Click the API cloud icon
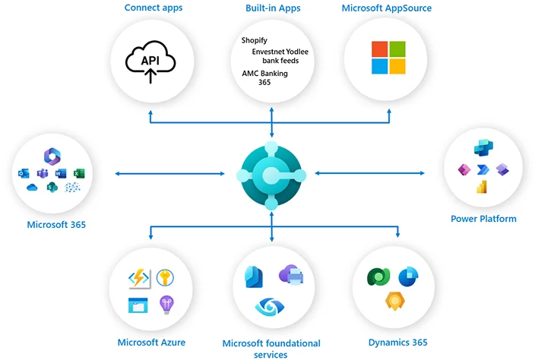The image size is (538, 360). pyautogui.click(x=151, y=61)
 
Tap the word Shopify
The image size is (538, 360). pyautogui.click(x=254, y=40)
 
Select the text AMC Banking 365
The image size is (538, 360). pyautogui.click(x=258, y=77)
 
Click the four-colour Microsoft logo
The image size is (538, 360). pyautogui.click(x=389, y=58)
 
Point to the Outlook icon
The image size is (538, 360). pyautogui.click(x=24, y=174)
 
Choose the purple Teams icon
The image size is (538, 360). pyautogui.click(x=43, y=174)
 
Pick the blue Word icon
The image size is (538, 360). pyautogui.click(x=61, y=174)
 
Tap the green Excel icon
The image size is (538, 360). pyautogui.click(x=79, y=174)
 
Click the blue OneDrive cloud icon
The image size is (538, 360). pyautogui.click(x=32, y=188)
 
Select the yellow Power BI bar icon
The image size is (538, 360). pyautogui.click(x=482, y=188)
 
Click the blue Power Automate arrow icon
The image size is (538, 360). pyautogui.click(x=482, y=169)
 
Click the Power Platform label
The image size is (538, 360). pyautogui.click(x=483, y=219)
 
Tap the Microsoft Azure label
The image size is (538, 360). pyautogui.click(x=151, y=343)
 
